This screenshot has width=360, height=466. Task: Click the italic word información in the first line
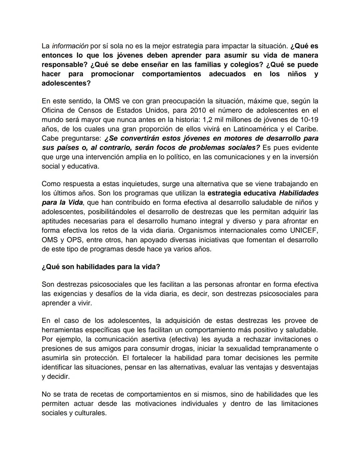tap(70, 46)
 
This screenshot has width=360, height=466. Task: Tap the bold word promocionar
tap(112, 74)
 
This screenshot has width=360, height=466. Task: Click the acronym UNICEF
tap(304, 230)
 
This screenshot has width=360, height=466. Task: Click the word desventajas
tap(299, 367)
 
